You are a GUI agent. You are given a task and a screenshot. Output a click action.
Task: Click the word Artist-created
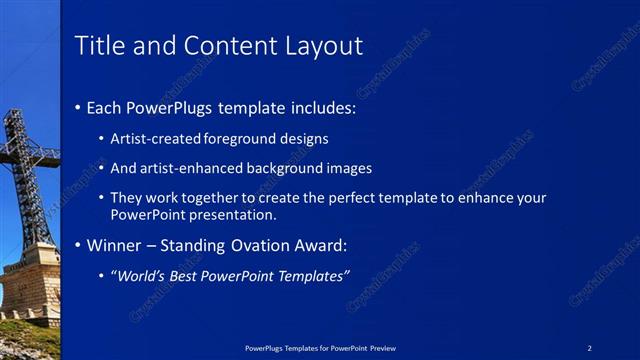pos(155,139)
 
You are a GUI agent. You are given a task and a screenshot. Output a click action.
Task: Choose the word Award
pos(318,245)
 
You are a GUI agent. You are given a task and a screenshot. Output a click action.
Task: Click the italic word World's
pos(139,276)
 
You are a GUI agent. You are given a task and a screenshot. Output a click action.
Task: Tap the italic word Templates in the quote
pos(312,276)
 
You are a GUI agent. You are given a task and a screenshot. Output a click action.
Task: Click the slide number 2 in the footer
pos(590,347)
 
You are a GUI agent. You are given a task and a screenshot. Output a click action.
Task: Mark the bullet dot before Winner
pos(79,245)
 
